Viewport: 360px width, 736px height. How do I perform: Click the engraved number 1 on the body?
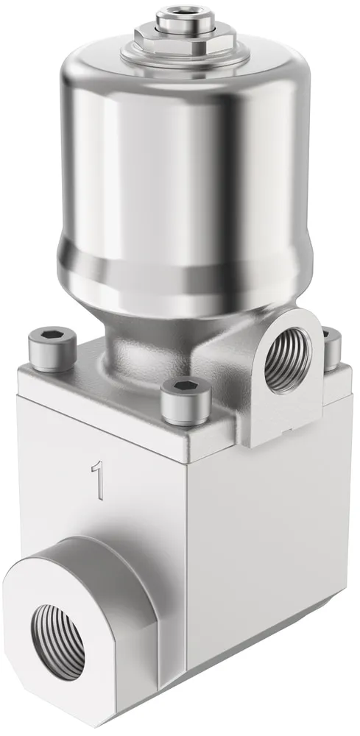(97, 479)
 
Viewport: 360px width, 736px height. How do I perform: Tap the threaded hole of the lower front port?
(57, 642)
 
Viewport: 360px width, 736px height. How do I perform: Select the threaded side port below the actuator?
(287, 360)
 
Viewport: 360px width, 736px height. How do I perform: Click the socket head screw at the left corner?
(52, 349)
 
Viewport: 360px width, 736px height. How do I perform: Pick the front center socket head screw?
(186, 400)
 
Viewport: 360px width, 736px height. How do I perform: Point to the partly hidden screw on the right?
(332, 347)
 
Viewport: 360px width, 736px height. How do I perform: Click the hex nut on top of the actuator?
(186, 35)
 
